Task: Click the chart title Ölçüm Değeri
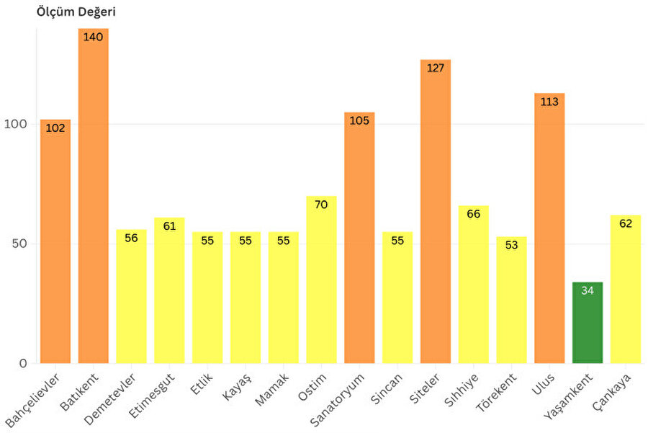(76, 12)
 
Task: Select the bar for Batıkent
(94, 202)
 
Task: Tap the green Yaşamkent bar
(588, 324)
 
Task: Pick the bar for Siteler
(436, 216)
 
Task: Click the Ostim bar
(321, 281)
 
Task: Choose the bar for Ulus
(549, 231)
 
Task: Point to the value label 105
(359, 120)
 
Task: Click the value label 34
(588, 290)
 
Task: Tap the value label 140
(94, 37)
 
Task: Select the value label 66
(474, 214)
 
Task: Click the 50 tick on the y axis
(19, 244)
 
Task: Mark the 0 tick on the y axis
(24, 363)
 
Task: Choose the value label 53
(512, 245)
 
